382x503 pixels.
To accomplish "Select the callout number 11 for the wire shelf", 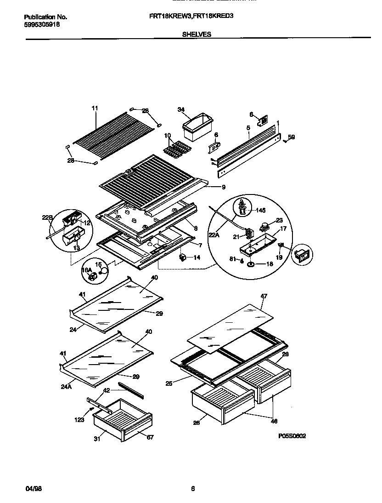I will [x=95, y=109].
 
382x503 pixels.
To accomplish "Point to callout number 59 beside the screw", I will [x=292, y=137].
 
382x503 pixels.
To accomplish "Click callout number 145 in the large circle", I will [x=261, y=211].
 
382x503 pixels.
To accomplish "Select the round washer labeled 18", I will [x=252, y=264].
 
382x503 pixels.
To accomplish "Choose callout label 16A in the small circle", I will [x=87, y=270].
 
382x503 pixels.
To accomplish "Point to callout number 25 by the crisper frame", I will [x=169, y=383].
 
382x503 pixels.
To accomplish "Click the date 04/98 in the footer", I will [x=31, y=489].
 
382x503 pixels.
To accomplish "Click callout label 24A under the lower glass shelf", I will [x=66, y=387].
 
